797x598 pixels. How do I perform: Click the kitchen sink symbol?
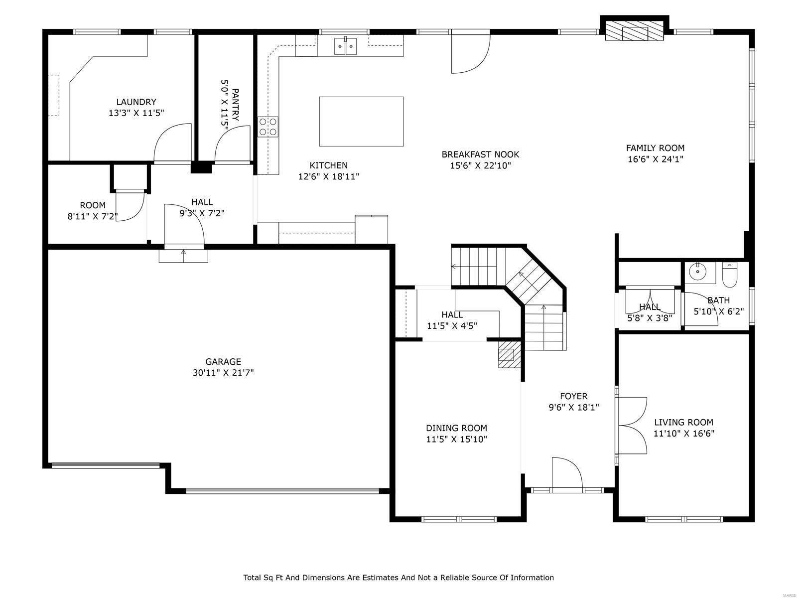pos(346,47)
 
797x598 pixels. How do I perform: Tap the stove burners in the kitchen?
pos(267,127)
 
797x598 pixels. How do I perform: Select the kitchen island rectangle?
pos(361,122)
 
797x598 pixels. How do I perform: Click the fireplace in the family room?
pos(634,31)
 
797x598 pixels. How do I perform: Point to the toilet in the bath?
pos(729,277)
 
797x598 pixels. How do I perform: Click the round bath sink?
pos(697,272)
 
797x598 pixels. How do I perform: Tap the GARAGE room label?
pos(223,362)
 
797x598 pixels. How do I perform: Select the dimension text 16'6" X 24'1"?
pos(655,159)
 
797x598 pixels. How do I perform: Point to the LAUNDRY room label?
pos(136,102)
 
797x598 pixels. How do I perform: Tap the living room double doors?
pos(633,425)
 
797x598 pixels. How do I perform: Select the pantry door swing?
pos(232,144)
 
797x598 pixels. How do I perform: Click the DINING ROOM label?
pos(456,428)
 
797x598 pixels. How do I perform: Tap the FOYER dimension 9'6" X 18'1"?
pos(573,407)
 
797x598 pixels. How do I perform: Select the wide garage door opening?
pos(282,491)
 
